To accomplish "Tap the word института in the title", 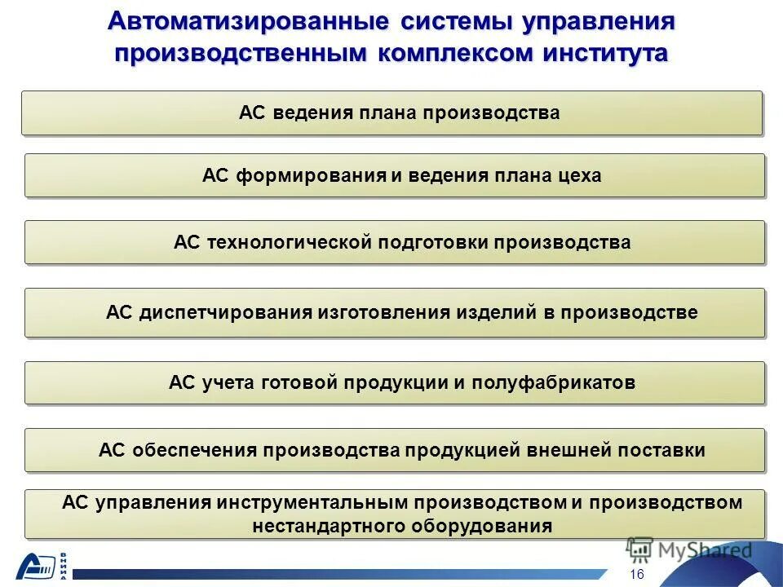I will point(602,54).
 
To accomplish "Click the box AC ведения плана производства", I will point(392,113).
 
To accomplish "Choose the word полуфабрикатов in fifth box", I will point(553,382).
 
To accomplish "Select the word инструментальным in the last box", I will point(314,502).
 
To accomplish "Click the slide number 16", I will point(637,575).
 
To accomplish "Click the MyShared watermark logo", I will point(689,549).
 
